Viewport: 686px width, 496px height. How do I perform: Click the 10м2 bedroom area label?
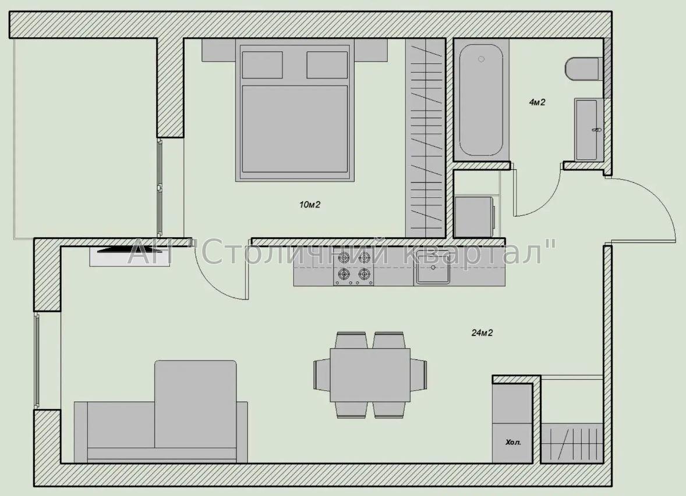point(310,204)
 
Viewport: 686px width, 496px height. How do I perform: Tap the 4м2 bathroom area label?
point(538,102)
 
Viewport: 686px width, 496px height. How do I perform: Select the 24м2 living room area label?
point(482,333)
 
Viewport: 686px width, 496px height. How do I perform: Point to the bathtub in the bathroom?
point(481,99)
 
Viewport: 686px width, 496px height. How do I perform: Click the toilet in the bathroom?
point(582,69)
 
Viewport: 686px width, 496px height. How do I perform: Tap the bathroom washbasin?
point(588,130)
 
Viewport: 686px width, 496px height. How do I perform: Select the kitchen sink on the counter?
point(433,267)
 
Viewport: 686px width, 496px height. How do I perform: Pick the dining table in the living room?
point(370,375)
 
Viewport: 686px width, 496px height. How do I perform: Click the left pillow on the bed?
point(262,65)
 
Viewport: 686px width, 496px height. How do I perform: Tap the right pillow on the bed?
point(327,65)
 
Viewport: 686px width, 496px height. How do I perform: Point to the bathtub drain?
point(481,59)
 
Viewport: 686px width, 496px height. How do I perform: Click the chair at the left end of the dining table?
point(321,375)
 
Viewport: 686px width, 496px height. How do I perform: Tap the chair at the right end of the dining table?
point(419,375)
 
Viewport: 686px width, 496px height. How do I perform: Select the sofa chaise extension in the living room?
point(196,404)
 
